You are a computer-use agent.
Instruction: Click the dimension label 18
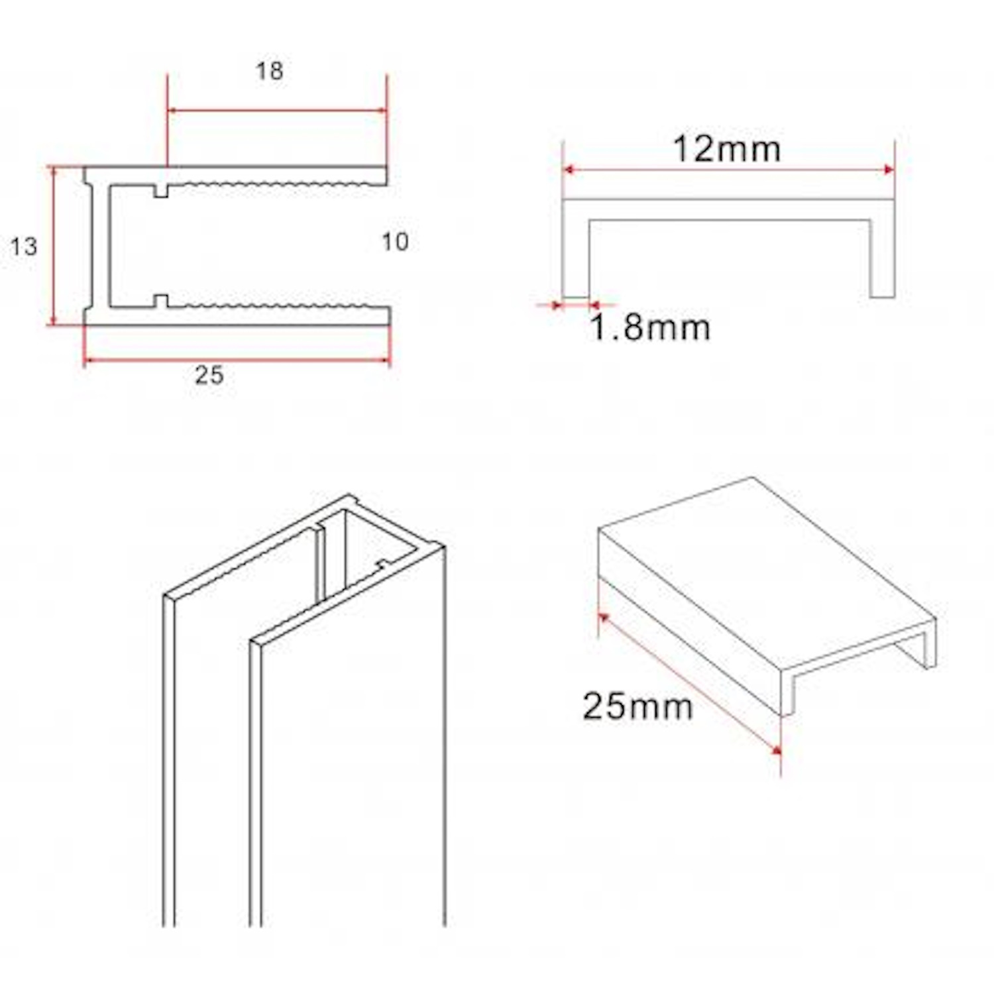point(270,71)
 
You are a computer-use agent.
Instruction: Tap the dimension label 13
point(24,247)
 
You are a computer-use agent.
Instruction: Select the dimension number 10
point(395,242)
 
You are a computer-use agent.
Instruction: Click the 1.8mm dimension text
point(649,327)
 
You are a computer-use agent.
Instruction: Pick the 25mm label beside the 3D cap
point(637,706)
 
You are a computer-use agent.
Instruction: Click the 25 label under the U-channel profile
point(209,376)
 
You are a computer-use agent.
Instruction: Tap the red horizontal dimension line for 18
point(277,111)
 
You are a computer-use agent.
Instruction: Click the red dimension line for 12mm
point(728,170)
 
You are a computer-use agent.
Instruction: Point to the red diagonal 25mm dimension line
point(689,683)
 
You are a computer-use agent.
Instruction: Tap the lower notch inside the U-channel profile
point(161,302)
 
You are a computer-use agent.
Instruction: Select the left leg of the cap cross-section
point(576,258)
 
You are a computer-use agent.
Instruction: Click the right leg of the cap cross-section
point(882,258)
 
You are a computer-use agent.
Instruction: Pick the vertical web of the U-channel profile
point(97,246)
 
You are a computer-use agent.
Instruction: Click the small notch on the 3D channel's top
point(382,565)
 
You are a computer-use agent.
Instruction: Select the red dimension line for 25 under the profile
point(237,360)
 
